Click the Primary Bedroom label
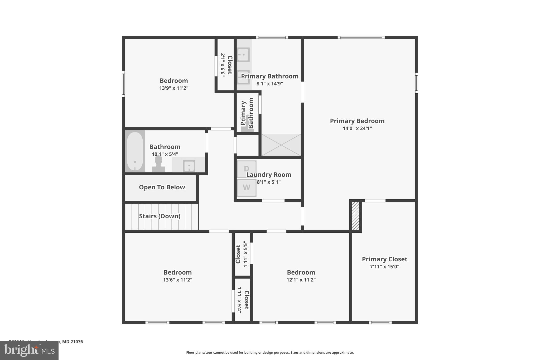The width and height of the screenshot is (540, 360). tap(357, 121)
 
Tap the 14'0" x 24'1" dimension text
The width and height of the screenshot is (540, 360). tap(357, 128)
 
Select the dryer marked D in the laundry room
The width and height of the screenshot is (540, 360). tap(247, 169)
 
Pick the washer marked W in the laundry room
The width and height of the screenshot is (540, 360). tap(247, 188)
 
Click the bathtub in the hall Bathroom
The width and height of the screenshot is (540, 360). tap(135, 151)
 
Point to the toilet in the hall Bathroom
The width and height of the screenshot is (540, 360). tap(158, 164)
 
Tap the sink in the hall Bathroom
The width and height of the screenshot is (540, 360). tap(189, 166)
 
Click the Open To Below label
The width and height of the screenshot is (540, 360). tap(162, 187)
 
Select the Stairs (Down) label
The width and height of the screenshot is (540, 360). tap(160, 216)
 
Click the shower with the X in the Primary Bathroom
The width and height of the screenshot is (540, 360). tap(281, 145)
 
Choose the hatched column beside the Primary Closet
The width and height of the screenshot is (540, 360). tap(355, 216)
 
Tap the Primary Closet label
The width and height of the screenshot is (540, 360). tap(384, 259)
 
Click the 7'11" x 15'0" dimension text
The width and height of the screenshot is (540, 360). tap(384, 267)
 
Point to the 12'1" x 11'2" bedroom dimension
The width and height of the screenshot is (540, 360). tap(301, 280)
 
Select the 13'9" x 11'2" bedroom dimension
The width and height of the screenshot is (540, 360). tap(174, 88)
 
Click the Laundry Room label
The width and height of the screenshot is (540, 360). tap(269, 175)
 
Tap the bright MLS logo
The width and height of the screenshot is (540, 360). tap(29, 350)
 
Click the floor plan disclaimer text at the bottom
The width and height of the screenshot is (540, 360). tap(270, 353)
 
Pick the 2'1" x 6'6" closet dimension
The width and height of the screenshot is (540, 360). tap(223, 65)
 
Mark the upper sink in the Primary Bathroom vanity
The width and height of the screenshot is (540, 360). tap(243, 55)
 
